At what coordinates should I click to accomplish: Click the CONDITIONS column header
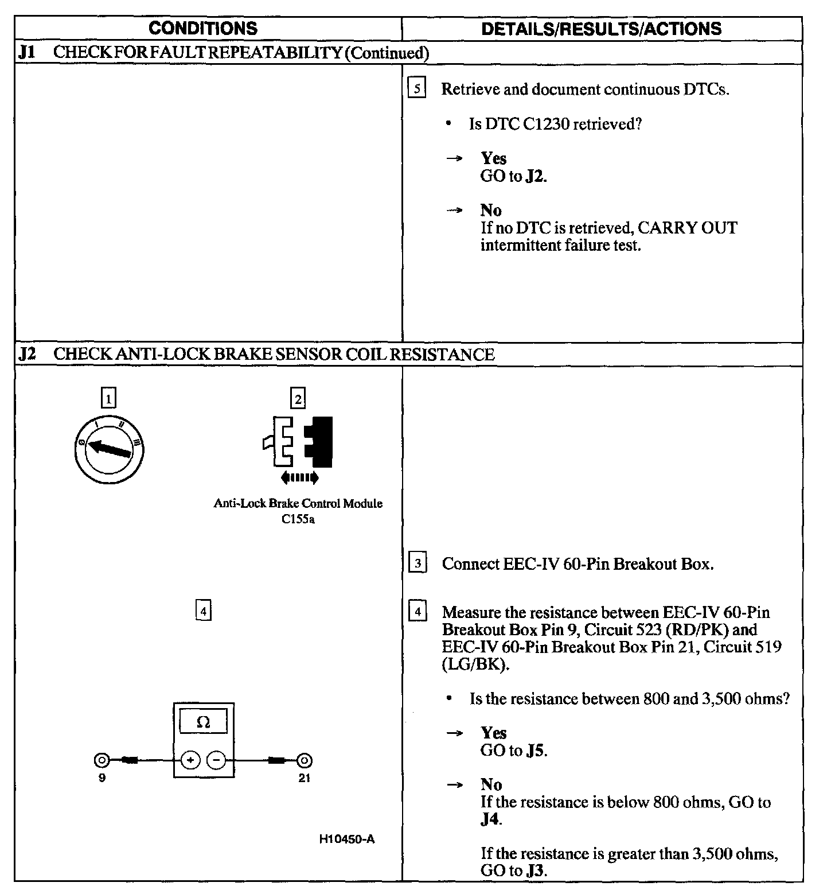(203, 28)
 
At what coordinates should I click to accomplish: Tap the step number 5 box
(417, 89)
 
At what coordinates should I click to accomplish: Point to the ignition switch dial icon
(109, 450)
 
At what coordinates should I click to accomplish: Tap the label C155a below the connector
(298, 520)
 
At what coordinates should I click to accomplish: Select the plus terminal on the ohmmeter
(190, 760)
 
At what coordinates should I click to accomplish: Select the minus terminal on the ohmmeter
(216, 760)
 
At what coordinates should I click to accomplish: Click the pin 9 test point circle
(102, 760)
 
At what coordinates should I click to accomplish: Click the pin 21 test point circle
(305, 760)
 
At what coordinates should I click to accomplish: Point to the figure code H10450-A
(347, 839)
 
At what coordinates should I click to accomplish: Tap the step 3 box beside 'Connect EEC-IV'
(417, 563)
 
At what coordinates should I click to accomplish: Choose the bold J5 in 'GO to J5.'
(536, 751)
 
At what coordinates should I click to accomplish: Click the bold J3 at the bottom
(535, 871)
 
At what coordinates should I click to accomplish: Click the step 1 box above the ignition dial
(108, 398)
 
